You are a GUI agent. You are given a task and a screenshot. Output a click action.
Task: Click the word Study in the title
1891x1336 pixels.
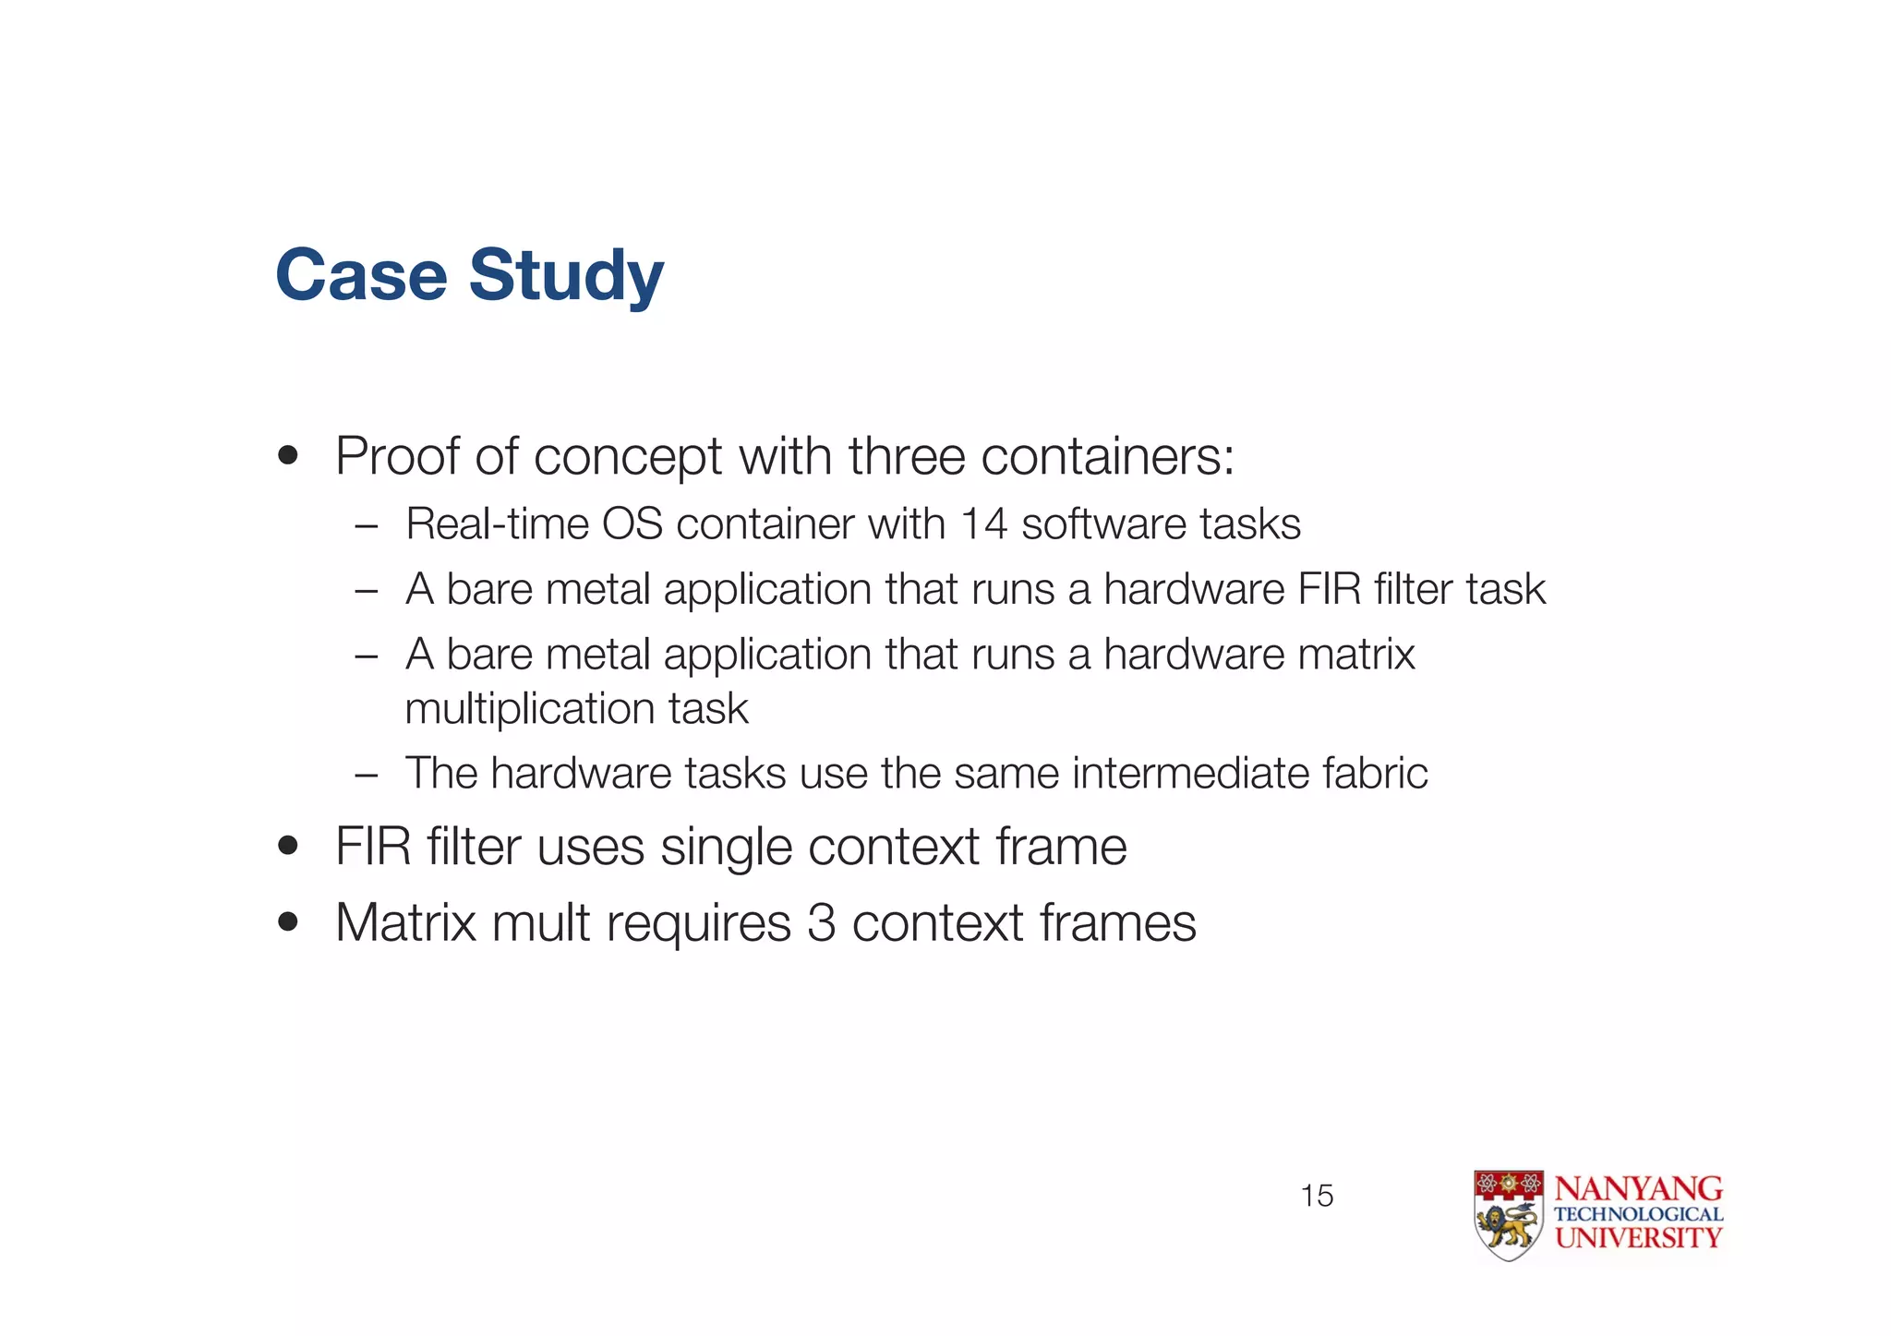(x=566, y=275)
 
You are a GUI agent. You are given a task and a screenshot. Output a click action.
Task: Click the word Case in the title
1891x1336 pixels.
(x=361, y=275)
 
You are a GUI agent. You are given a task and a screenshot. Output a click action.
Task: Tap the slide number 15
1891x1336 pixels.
(x=1317, y=1196)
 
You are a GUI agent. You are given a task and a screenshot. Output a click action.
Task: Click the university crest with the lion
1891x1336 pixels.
(x=1508, y=1215)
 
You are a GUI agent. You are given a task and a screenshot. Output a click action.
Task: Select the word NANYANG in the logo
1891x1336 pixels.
(x=1638, y=1188)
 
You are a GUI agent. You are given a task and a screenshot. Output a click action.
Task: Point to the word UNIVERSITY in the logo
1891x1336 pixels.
(x=1638, y=1238)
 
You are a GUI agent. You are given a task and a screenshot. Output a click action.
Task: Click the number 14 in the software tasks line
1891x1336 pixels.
(x=982, y=524)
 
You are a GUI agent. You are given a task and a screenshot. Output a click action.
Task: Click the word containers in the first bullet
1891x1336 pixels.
(x=1107, y=456)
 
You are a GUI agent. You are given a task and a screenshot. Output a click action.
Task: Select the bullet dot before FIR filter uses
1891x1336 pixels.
(x=288, y=846)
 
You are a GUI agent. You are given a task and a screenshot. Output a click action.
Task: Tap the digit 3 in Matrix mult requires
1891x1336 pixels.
(x=821, y=922)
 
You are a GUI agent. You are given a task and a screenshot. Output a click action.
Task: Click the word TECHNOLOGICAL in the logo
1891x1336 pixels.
(x=1638, y=1214)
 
